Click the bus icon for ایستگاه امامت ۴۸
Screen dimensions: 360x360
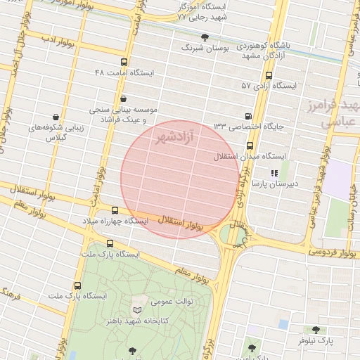pos(124,62)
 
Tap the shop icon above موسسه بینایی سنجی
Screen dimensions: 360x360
pos(124,99)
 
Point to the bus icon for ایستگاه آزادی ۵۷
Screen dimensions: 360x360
pos(268,75)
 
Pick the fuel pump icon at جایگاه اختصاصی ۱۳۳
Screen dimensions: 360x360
pos(247,116)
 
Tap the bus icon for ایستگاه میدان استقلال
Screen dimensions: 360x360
pos(250,146)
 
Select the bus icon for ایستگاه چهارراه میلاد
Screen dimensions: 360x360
pos(115,210)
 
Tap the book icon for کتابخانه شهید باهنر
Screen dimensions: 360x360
pos(137,310)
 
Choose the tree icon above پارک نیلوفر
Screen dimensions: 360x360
pos(315,329)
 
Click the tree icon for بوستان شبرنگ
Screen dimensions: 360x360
pos(205,37)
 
